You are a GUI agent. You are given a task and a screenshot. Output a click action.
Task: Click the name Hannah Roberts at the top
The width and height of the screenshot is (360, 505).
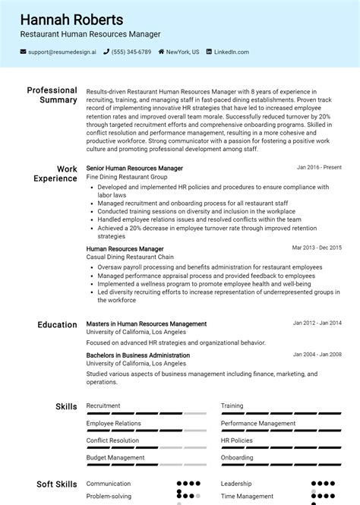71,20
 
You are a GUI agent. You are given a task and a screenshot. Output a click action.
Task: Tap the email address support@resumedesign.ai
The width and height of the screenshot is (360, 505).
62,52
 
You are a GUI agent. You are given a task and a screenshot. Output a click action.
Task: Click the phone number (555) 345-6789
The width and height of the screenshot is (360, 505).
131,52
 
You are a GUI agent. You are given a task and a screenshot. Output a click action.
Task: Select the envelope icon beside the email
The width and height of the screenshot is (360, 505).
24,52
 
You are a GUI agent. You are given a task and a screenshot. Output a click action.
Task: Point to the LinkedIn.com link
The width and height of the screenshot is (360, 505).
231,52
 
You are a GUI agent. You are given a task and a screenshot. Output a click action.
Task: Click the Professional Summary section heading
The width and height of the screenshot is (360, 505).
52,95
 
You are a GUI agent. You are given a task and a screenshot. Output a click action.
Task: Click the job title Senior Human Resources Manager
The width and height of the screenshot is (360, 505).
134,168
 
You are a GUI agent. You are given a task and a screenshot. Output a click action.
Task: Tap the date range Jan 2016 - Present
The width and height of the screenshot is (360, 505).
319,167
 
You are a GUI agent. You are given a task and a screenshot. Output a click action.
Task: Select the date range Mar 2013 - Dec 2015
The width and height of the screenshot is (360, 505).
317,248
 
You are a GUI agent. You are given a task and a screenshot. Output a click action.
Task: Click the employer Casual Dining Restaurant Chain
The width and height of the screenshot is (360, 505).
130,257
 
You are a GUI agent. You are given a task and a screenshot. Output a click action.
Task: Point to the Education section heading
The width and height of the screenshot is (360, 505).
57,325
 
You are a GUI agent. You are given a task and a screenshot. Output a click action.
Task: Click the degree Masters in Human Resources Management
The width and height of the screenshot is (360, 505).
147,324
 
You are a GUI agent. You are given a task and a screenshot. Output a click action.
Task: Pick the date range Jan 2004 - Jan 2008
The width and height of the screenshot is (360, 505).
317,355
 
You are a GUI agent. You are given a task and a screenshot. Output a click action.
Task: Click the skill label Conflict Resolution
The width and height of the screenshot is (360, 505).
112,440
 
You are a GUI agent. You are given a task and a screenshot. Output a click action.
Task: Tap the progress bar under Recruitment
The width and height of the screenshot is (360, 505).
146,414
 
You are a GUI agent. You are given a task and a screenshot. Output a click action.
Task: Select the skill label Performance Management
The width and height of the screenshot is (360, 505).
258,423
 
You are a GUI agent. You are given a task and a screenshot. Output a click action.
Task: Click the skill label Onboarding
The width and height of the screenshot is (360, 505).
237,458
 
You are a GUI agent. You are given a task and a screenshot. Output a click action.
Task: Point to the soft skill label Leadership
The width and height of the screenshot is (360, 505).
235,483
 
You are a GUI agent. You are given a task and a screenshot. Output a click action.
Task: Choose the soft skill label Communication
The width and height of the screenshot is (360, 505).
109,483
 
